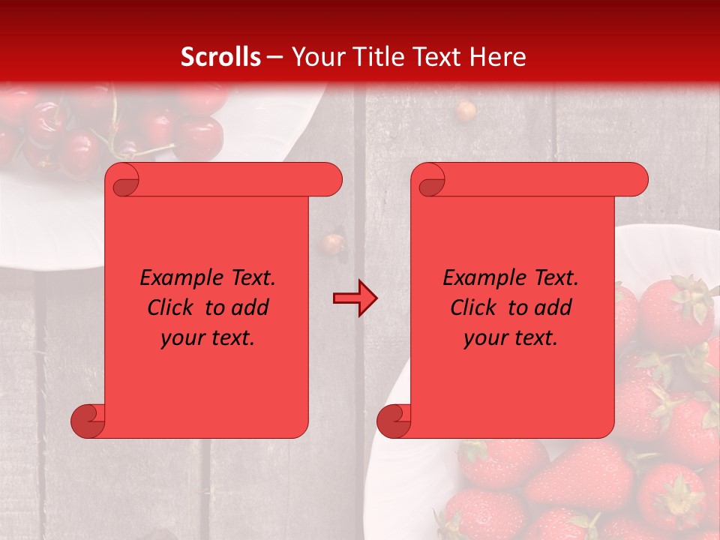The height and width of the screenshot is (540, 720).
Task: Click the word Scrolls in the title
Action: (x=221, y=57)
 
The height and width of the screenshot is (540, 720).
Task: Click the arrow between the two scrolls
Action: (x=355, y=298)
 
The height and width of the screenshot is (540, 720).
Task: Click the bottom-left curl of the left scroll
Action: (x=88, y=421)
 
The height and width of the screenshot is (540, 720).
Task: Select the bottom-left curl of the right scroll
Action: (x=394, y=421)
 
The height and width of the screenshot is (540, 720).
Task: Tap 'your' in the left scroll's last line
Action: (x=181, y=337)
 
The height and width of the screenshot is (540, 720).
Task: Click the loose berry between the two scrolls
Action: (x=332, y=243)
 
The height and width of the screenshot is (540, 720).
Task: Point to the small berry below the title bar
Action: (x=466, y=111)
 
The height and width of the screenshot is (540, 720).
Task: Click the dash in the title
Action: (x=274, y=57)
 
